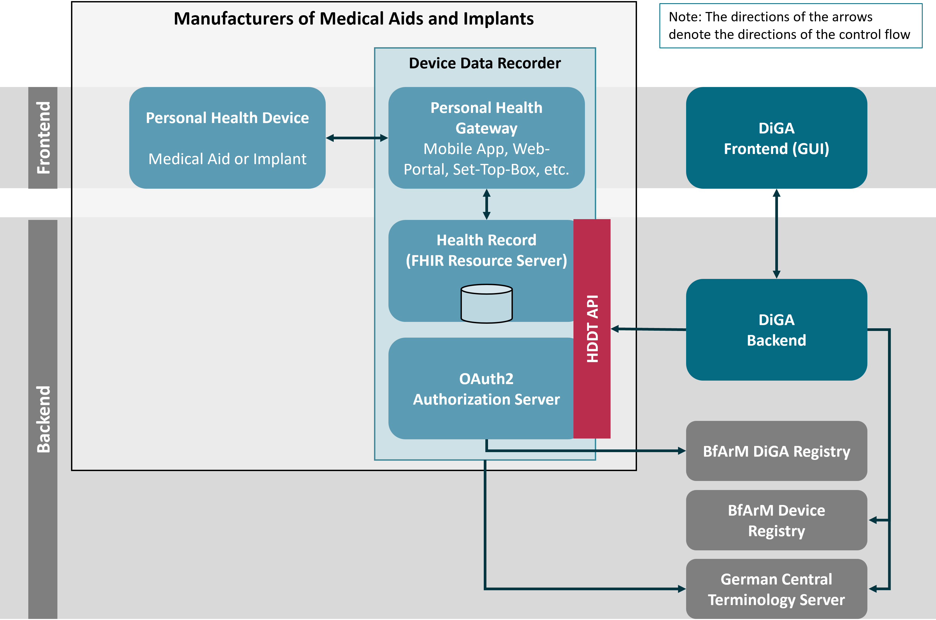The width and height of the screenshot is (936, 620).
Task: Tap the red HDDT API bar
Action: (592, 328)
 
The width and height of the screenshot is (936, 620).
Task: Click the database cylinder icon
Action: (486, 304)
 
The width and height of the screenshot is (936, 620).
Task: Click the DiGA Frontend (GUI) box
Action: (776, 138)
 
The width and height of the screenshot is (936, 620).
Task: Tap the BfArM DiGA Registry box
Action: (776, 451)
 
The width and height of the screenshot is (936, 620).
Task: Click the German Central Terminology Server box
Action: (776, 589)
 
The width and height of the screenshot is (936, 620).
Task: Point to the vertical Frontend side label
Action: (43, 138)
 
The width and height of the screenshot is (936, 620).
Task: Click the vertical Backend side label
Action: (43, 419)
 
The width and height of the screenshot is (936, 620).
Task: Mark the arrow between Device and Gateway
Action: (357, 138)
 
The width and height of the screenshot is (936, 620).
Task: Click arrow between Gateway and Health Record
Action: (486, 204)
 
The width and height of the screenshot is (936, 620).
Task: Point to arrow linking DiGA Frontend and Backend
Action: (776, 233)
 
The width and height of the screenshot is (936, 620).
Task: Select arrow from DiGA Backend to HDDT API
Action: (648, 329)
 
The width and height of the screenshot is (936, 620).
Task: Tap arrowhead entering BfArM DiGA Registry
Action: (681, 451)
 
